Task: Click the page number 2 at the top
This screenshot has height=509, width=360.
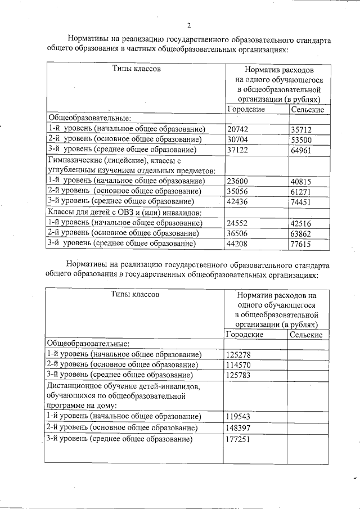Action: pos(189,25)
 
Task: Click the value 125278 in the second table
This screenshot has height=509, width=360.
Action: pos(240,354)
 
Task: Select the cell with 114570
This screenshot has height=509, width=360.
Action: pos(240,364)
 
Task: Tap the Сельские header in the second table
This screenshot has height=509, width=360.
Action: pos(305,335)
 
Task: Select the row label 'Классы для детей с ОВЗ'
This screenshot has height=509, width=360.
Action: pos(124,213)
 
